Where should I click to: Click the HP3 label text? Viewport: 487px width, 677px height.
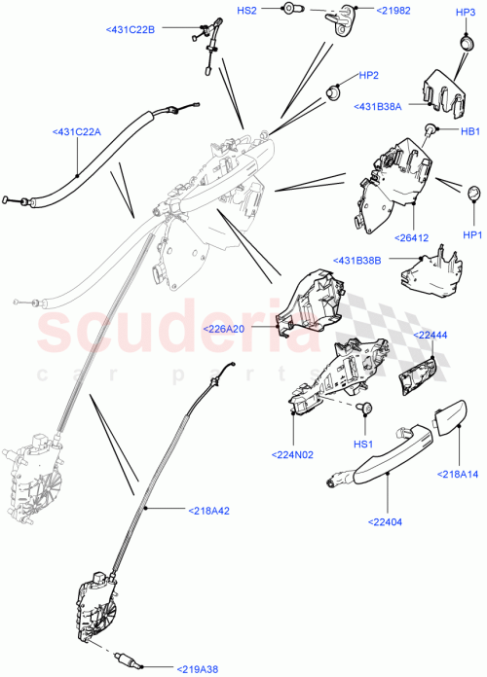pyautogui.click(x=467, y=11)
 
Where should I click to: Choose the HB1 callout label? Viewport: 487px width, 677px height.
pyautogui.click(x=470, y=131)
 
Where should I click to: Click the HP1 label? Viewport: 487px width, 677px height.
pyautogui.click(x=472, y=234)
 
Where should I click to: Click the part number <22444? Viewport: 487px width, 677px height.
pyautogui.click(x=431, y=335)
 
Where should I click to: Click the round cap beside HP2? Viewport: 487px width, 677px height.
pyautogui.click(x=333, y=90)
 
